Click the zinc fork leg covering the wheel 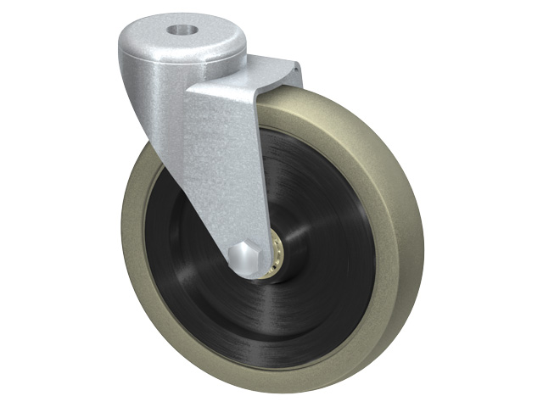(x=222, y=170)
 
